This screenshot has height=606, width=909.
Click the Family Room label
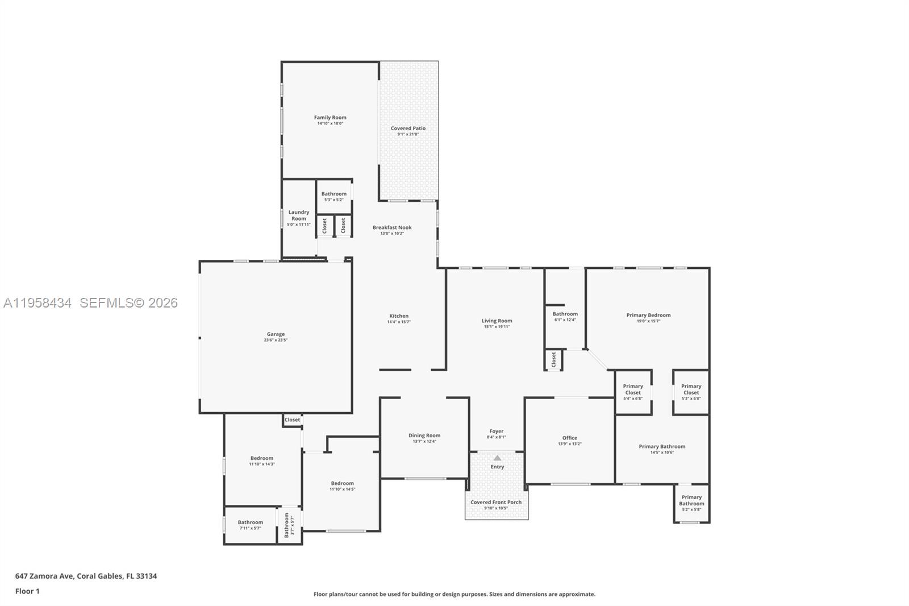click(330, 118)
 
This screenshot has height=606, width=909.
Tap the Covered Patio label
click(408, 128)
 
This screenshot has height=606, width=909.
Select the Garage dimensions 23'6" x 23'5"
click(276, 341)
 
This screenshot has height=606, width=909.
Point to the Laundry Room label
click(299, 215)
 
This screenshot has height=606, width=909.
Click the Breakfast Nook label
click(392, 227)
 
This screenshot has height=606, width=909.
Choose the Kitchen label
click(399, 316)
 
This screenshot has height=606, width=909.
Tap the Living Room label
click(497, 321)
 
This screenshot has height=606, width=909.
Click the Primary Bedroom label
click(648, 315)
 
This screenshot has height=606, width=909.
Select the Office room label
click(570, 438)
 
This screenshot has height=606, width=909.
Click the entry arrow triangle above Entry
click(497, 458)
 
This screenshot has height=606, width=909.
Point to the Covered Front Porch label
click(496, 502)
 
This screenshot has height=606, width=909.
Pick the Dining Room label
click(424, 435)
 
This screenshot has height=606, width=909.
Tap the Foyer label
click(496, 431)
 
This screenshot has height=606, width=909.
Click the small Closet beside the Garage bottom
click(292, 420)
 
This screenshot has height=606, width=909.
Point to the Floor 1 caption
click(27, 591)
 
